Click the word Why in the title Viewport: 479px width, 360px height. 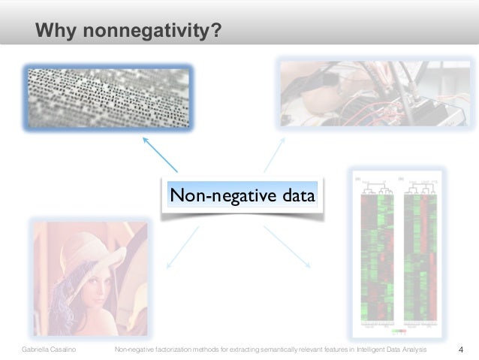pos(57,31)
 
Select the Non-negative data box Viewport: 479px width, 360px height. pos(243,196)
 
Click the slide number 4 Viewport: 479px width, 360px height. pos(460,349)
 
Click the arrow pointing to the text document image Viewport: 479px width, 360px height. pos(159,153)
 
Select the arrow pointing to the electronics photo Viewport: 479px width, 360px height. pos(274,155)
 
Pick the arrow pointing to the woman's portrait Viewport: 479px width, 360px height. pos(182,247)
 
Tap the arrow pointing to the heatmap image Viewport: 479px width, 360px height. pos(287,247)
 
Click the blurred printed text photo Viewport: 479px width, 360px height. pos(107,97)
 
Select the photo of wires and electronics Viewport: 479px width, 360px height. pos(375,92)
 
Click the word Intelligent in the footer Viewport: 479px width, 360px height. pos(375,350)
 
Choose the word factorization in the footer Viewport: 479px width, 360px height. pos(168,350)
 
